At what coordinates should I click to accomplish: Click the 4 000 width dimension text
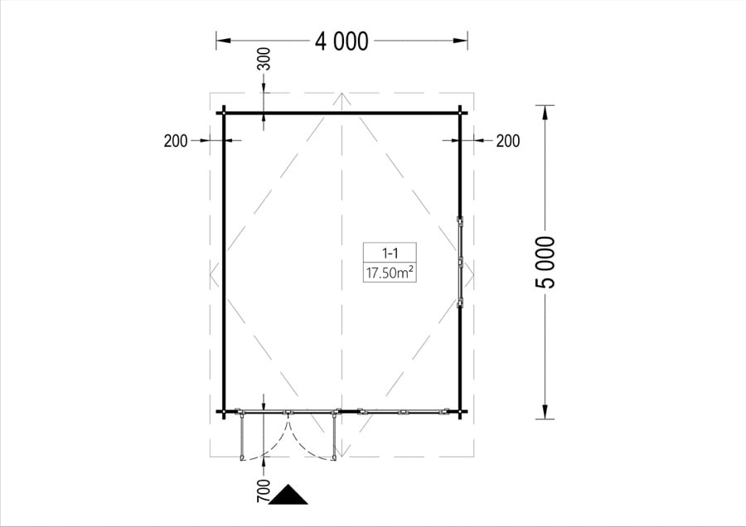point(342,41)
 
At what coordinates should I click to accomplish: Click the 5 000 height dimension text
point(545,263)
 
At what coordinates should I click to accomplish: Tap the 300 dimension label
point(264,59)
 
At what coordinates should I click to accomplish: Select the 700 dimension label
point(263,491)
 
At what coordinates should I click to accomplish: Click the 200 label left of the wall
point(176,141)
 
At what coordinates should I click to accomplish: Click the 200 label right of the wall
point(508,141)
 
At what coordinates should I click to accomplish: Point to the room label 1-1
point(390,253)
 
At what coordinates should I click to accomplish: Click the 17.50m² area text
point(390,273)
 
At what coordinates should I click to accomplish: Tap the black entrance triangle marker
point(288,495)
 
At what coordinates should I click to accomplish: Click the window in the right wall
point(460,262)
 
